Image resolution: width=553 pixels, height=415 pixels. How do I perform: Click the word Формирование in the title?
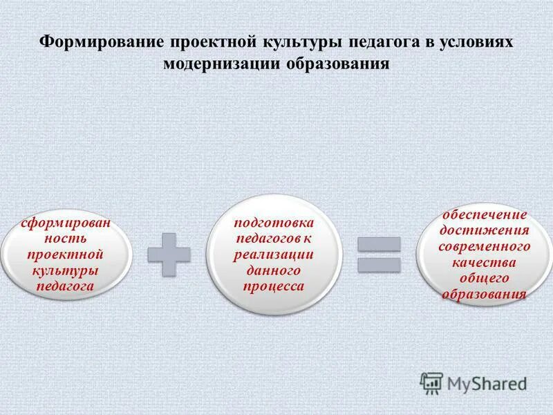pos(100,41)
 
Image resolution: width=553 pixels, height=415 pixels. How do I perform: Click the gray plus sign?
pos(169,253)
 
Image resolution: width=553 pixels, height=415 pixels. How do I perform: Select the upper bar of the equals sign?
pos(379,243)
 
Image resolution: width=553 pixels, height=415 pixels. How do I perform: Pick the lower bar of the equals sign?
pos(379,264)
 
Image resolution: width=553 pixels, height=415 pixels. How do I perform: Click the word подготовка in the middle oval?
pos(274,223)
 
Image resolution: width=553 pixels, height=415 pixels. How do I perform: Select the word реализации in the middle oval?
pos(274,254)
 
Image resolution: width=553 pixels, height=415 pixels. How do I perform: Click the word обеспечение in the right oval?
pos(485,214)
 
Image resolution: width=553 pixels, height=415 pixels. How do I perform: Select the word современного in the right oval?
pos(485,246)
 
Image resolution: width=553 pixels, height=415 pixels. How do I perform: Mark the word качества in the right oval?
pos(485,261)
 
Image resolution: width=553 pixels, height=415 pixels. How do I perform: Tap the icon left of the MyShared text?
pos(431,382)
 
